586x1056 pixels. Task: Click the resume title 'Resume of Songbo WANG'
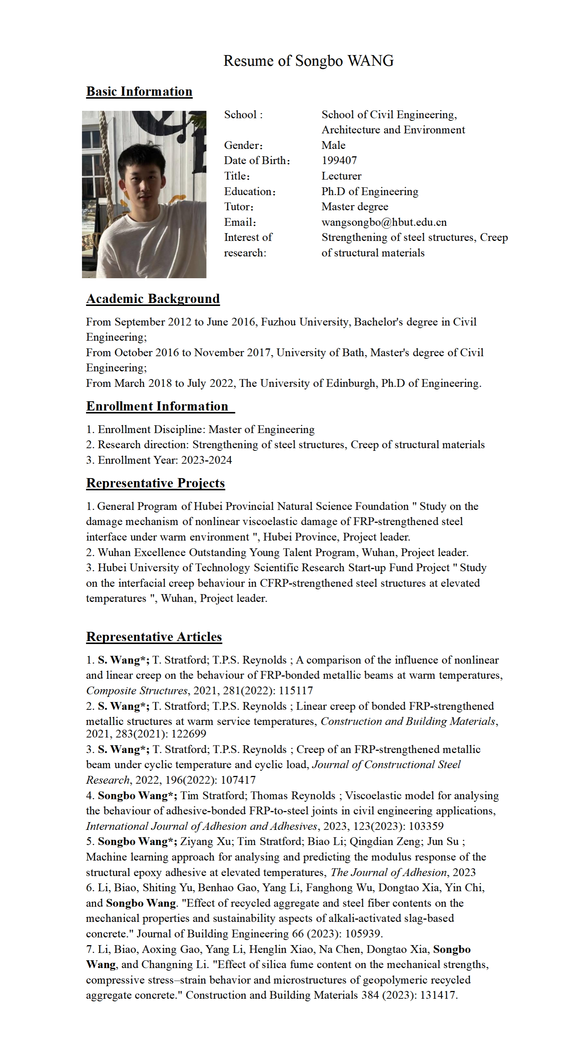308,61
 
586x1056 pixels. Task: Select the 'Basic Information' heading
139,91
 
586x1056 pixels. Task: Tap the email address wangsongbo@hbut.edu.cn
384,222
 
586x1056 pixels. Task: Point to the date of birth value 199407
339,160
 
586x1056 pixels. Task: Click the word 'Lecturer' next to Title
341,176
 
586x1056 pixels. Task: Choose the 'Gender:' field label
243,145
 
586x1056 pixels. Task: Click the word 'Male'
333,145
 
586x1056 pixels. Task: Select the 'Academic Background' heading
153,299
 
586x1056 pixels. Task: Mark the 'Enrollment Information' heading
157,406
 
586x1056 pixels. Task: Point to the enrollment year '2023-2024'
207,460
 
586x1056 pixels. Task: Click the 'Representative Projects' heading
155,483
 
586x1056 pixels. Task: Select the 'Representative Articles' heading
154,637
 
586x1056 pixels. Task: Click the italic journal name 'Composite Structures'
137,691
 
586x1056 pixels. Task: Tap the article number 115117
296,691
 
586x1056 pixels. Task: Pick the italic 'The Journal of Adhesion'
388,872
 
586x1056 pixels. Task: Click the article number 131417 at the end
439,995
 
